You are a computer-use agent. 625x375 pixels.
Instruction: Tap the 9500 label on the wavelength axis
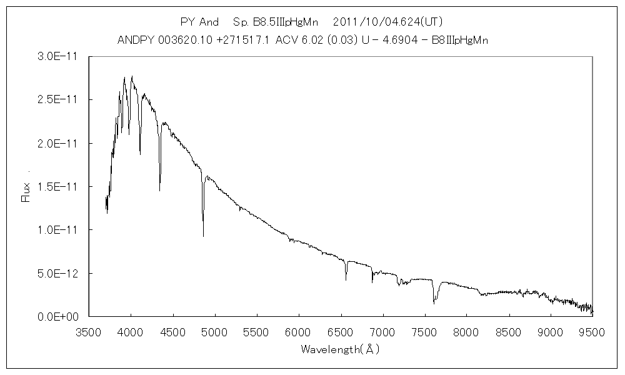pyautogui.click(x=592, y=331)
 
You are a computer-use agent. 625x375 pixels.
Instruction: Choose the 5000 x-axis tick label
pyautogui.click(x=214, y=331)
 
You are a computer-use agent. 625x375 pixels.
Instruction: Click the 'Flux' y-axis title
pyautogui.click(x=26, y=190)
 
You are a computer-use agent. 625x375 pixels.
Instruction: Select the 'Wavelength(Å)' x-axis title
pyautogui.click(x=340, y=349)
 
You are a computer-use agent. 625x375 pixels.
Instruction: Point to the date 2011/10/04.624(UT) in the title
pyautogui.click(x=388, y=22)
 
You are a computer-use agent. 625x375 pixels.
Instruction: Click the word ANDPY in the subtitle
pyautogui.click(x=133, y=40)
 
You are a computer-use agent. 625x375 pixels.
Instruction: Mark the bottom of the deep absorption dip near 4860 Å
pyautogui.click(x=203, y=236)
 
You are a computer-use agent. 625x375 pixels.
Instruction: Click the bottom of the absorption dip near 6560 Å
pyautogui.click(x=346, y=280)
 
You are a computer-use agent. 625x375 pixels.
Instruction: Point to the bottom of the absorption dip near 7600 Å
pyautogui.click(x=434, y=304)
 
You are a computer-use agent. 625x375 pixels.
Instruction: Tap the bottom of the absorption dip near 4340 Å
pyautogui.click(x=159, y=191)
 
